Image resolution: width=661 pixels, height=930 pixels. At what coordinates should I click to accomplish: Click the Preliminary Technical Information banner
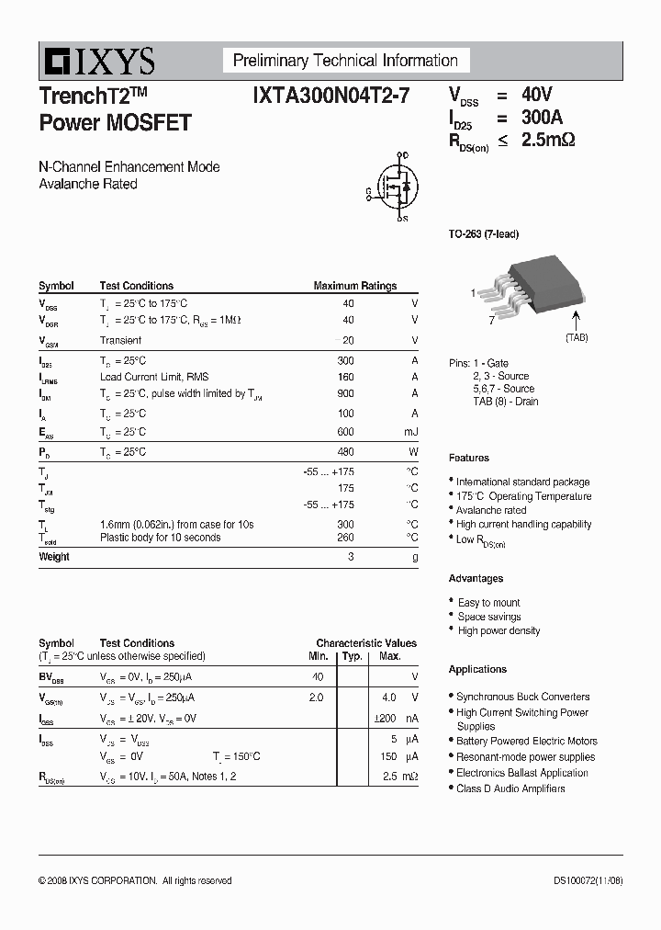pyautogui.click(x=345, y=62)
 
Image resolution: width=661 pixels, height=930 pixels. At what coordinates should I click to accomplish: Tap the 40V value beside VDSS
pyautogui.click(x=537, y=95)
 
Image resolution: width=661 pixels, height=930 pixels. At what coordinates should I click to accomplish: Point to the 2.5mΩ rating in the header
pyautogui.click(x=548, y=141)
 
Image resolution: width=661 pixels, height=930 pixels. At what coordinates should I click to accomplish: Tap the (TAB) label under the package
pyautogui.click(x=577, y=338)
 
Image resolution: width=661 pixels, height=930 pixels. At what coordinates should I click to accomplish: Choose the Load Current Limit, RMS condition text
pyautogui.click(x=154, y=377)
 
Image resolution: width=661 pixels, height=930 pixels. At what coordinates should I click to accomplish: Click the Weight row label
pyautogui.click(x=54, y=557)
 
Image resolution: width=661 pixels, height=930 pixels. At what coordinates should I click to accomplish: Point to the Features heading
pyautogui.click(x=469, y=458)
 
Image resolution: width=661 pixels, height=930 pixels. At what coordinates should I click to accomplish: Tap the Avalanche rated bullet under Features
pyautogui.click(x=491, y=510)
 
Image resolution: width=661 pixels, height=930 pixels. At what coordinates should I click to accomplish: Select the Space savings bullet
pyautogui.click(x=489, y=617)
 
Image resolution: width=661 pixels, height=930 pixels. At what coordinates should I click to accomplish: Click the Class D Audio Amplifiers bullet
pyautogui.click(x=510, y=788)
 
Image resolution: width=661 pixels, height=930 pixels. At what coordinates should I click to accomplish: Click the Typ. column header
pyautogui.click(x=352, y=656)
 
